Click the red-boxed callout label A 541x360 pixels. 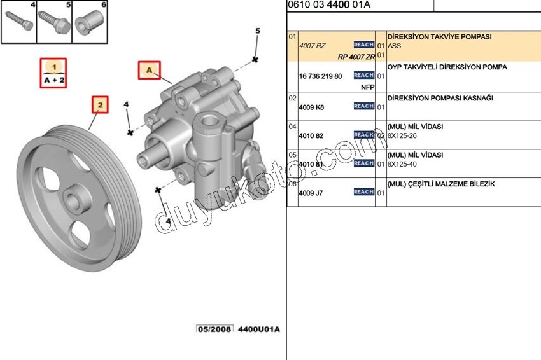pos(150,70)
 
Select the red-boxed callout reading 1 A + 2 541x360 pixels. pos(54,74)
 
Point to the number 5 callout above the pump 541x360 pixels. pos(258,31)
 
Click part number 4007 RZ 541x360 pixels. pos(313,45)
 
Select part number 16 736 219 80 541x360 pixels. pos(320,76)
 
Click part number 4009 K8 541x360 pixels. pos(311,107)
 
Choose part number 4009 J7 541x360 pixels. pos(311,193)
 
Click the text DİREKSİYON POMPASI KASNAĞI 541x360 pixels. pos(440,99)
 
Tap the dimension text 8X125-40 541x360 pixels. pos(404,164)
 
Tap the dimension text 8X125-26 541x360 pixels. pos(404,135)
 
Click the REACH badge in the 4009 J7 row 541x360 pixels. pos(363,192)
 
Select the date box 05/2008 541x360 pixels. pos(214,329)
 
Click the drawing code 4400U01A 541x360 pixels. pos(258,329)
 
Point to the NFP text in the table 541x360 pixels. pos(367,86)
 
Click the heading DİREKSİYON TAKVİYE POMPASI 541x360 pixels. pos(439,37)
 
